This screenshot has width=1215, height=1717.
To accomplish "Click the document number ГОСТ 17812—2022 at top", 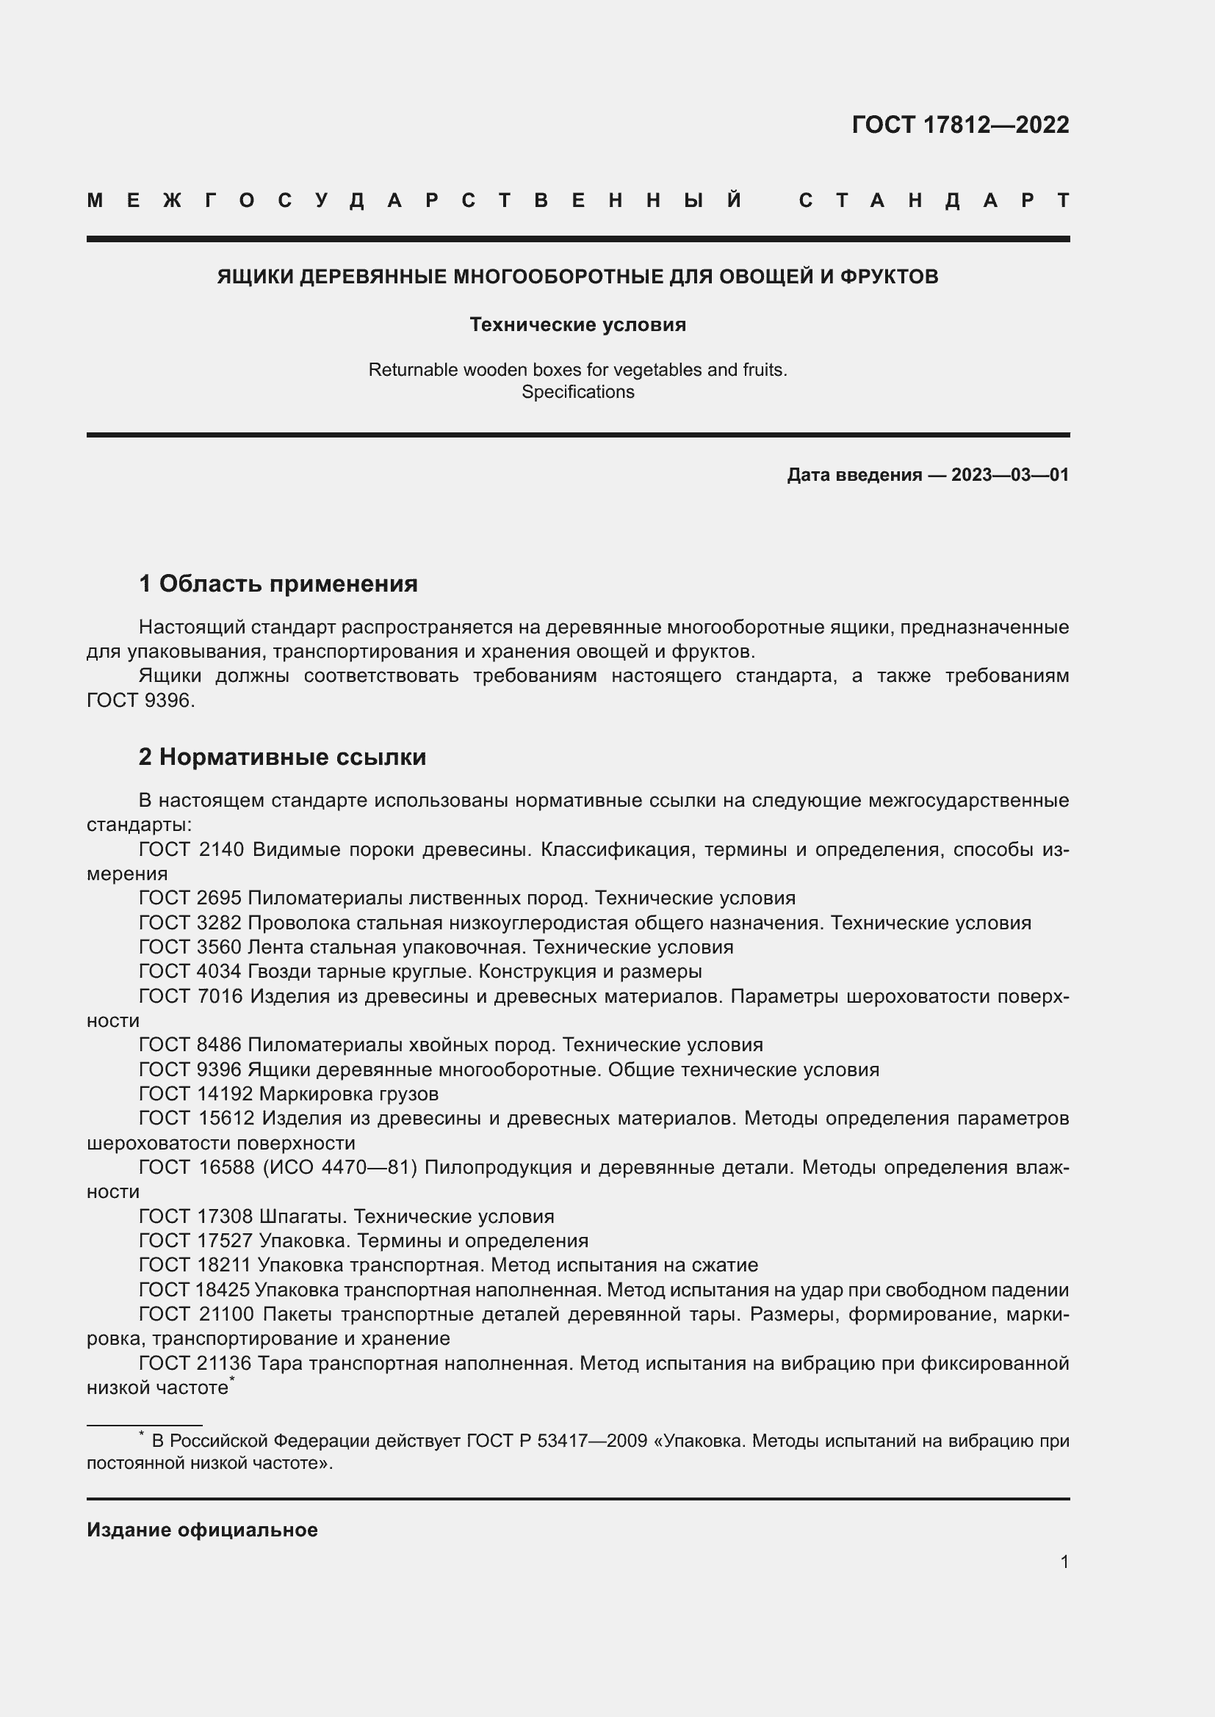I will [x=960, y=124].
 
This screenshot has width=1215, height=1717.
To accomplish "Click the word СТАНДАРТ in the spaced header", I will [x=934, y=200].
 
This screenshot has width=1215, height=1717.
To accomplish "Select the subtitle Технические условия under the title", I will [x=577, y=324].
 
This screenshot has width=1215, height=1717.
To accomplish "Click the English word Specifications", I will [x=577, y=392].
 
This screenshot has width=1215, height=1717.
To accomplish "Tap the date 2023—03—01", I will [x=1010, y=475].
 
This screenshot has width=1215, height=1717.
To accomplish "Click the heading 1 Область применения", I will [x=278, y=584].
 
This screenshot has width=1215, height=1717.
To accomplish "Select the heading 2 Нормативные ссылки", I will [x=282, y=757].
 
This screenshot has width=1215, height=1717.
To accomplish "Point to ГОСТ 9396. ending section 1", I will [x=140, y=701].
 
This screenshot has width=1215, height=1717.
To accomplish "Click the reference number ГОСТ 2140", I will [x=191, y=849].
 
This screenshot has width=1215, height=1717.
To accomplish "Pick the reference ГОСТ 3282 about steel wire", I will [x=191, y=923].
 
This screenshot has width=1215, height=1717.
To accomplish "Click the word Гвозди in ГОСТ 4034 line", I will [x=281, y=971].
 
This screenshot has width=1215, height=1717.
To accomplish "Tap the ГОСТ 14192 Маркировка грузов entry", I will [x=289, y=1094].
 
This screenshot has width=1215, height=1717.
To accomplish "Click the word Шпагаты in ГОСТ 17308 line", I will [x=301, y=1216].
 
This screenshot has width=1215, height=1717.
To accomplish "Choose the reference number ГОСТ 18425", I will [x=195, y=1290].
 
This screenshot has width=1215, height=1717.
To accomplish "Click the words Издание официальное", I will [x=202, y=1530].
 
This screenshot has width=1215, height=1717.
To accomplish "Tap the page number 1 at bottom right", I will [x=1064, y=1561].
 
